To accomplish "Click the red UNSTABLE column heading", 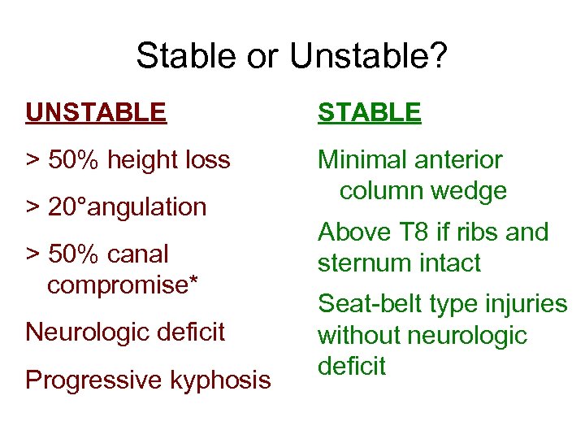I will coord(96,112).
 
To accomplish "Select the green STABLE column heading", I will coord(369,112).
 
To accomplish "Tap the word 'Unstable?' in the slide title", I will coord(368,56).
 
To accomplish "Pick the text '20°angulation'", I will coord(127,207).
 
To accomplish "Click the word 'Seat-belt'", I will coord(370,304).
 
